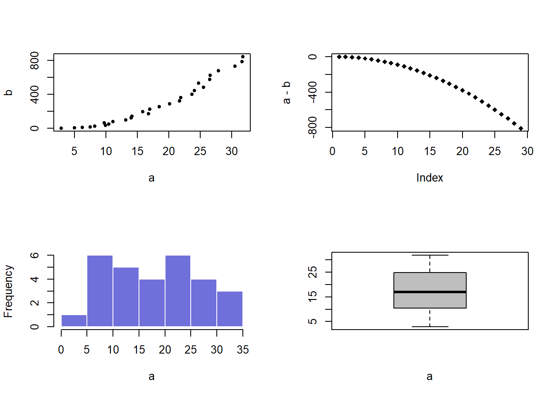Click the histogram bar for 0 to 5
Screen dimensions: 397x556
pos(74,321)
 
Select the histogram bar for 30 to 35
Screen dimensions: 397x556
pos(230,309)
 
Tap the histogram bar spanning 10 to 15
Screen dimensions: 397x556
pos(126,297)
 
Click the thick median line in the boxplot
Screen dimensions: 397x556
pos(430,292)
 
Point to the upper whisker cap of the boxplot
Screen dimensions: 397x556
pos(430,255)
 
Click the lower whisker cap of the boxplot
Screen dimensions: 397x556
pos(430,327)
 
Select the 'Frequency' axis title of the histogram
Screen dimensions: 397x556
pos(8,291)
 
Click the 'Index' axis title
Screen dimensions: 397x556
pos(429,178)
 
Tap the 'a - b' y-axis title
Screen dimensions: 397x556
pos(286,93)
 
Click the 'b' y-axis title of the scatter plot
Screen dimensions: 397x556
pos(8,93)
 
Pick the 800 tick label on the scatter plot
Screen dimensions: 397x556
pos(35,60)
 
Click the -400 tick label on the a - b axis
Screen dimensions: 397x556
pos(313,92)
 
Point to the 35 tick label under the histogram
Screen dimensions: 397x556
pos(243,350)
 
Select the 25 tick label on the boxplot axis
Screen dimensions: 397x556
pos(313,272)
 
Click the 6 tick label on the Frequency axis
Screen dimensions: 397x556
pos(35,256)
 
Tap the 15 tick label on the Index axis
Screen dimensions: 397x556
pos(430,151)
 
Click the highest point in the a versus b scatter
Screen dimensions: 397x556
pos(243,57)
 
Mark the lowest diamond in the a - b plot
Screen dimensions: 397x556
pos(521,129)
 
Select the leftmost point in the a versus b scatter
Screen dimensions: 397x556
pos(61,128)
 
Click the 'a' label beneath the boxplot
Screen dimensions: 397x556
pos(429,376)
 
